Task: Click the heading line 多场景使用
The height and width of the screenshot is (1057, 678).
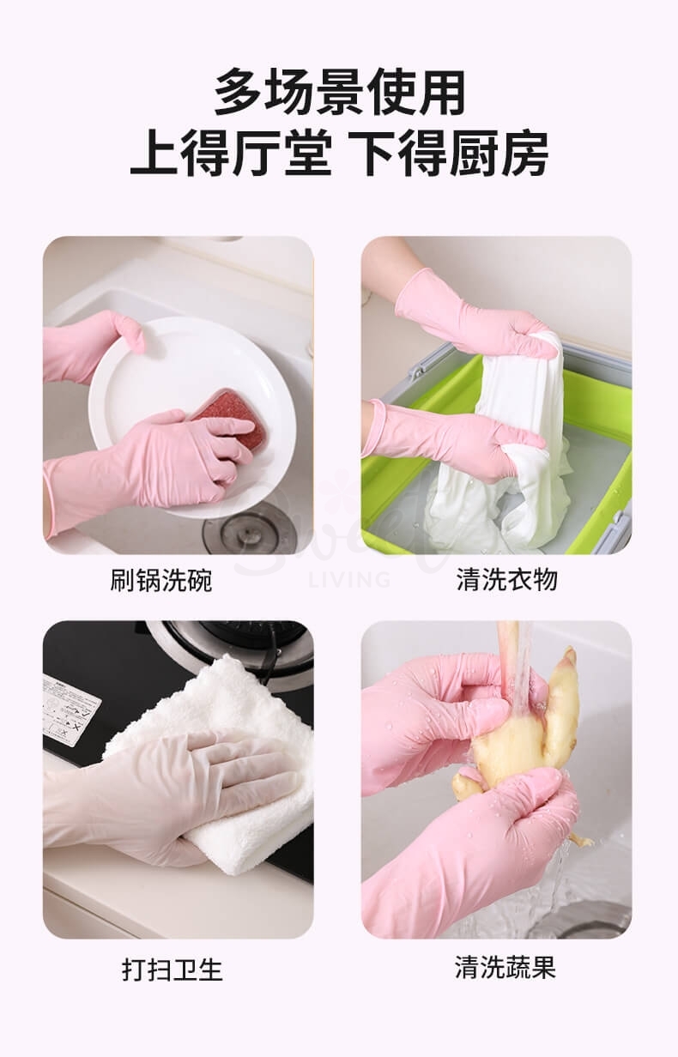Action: pos(339,92)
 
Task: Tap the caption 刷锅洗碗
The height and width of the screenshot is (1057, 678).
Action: pos(160,581)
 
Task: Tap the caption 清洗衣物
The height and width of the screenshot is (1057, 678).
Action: pos(506,580)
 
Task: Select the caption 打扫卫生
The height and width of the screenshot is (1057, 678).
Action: pos(172,970)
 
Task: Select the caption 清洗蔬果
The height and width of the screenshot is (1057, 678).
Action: pos(505,968)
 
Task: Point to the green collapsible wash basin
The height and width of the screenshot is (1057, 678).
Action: pos(601,412)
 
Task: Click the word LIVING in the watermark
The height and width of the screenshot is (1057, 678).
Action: pos(348,580)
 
